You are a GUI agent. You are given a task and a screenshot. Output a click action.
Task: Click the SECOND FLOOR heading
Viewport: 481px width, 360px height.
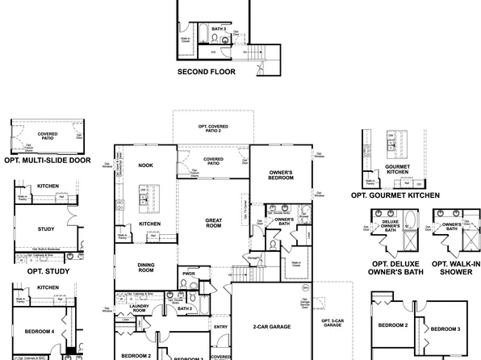[x=206, y=71]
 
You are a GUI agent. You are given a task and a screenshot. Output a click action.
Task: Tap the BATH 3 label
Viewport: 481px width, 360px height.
[x=218, y=29]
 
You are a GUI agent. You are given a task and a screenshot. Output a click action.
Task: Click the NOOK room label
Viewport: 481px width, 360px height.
[x=145, y=165]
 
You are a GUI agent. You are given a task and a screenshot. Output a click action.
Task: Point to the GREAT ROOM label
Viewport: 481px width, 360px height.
[x=214, y=223]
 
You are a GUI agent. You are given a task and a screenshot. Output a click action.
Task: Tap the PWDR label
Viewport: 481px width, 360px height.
[x=190, y=274]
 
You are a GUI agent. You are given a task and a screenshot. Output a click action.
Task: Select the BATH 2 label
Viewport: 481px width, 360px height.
[x=184, y=308]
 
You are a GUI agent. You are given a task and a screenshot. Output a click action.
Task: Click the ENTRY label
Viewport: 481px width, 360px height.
[x=220, y=326]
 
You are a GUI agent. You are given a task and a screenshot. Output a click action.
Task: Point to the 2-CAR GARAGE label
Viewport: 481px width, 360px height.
[x=272, y=328]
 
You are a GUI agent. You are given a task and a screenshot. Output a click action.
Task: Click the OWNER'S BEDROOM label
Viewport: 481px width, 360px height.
[x=280, y=174]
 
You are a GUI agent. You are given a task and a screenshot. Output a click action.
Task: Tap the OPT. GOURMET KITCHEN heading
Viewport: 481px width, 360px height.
[x=395, y=195]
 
